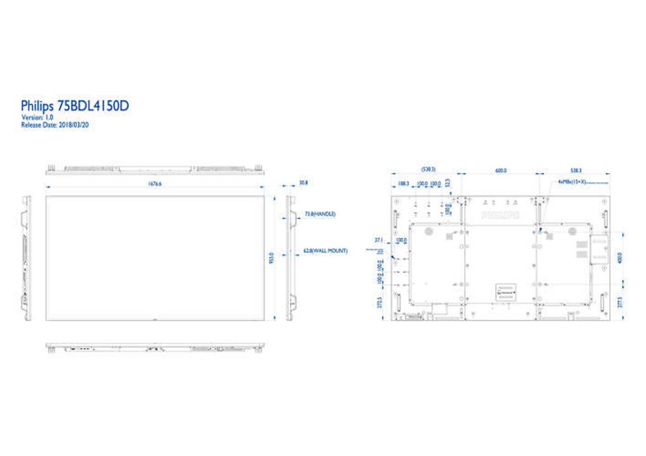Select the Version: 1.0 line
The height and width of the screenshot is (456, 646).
tap(37, 117)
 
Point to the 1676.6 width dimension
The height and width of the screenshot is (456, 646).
tap(154, 184)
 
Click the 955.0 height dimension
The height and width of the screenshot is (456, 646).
tap(271, 258)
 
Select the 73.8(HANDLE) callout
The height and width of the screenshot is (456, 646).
tap(320, 214)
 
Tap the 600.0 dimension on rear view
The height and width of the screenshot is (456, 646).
tap(500, 171)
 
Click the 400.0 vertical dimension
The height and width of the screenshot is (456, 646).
tap(619, 257)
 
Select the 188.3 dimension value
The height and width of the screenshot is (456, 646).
tap(403, 184)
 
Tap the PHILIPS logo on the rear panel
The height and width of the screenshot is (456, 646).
tap(500, 215)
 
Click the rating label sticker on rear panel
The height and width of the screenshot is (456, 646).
tap(506, 293)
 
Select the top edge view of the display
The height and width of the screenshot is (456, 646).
tap(155, 169)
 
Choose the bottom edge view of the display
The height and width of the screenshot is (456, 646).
tap(155, 347)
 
